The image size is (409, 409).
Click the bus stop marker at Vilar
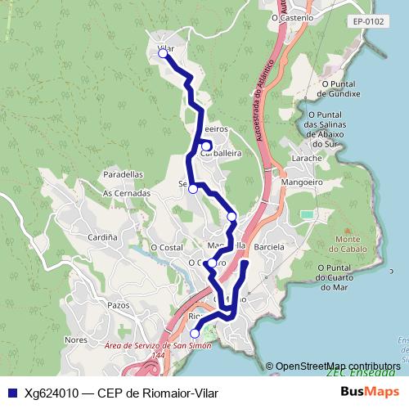tap(164, 54)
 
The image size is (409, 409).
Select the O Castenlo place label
tap(292, 16)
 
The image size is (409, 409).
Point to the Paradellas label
tap(124, 174)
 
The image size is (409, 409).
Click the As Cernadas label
tap(127, 193)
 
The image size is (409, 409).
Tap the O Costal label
tap(166, 246)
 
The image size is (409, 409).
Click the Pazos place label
tap(119, 304)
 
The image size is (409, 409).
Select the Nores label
tap(75, 339)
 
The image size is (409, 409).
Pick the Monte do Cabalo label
tap(353, 244)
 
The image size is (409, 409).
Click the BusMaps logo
tap(369, 393)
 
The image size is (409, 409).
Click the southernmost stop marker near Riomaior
tap(195, 334)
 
